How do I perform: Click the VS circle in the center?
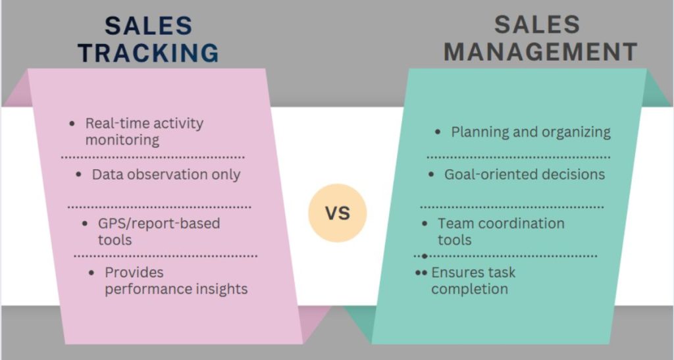(337, 213)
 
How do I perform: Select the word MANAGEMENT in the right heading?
(540, 52)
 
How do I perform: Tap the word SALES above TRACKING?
(149, 26)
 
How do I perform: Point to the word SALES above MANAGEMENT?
(537, 25)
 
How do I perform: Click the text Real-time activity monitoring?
(144, 131)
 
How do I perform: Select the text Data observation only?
(166, 174)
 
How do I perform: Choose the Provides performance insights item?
(176, 280)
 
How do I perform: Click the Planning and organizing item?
(531, 132)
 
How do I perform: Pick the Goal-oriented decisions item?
(524, 174)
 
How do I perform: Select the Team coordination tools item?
(500, 231)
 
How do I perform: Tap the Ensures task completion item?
(473, 280)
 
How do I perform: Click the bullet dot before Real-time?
(72, 124)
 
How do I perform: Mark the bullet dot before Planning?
(438, 132)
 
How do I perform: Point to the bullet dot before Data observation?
(79, 175)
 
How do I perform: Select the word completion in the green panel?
(469, 289)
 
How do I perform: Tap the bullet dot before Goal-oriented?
(432, 175)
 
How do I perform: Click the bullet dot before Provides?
(92, 272)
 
